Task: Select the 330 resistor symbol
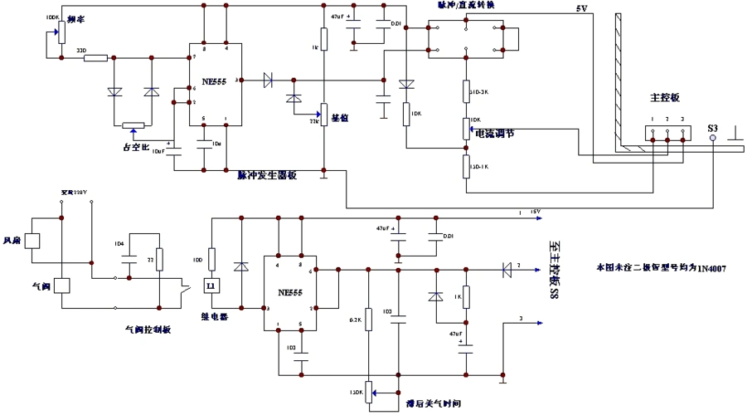(96, 58)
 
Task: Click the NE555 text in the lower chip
(289, 293)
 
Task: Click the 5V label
(581, 9)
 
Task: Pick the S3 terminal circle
(713, 140)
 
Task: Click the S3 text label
(712, 128)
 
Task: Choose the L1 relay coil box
(211, 286)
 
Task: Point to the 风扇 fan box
(35, 240)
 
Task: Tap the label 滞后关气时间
(433, 403)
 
